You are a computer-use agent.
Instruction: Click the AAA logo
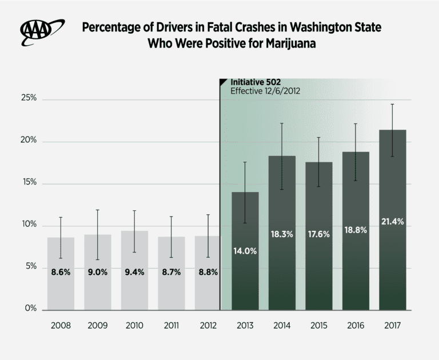click(x=42, y=33)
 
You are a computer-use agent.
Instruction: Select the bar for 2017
click(x=392, y=251)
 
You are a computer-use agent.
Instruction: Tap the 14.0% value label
click(x=245, y=250)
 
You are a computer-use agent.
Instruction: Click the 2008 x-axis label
click(x=61, y=326)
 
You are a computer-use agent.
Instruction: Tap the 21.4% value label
click(x=392, y=222)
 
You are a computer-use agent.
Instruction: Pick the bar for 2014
click(x=281, y=257)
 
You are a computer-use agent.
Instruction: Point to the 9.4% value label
click(x=134, y=272)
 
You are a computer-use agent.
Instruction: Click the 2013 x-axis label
click(x=245, y=326)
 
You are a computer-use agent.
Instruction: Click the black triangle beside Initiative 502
click(x=224, y=82)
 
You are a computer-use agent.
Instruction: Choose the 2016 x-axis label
click(x=356, y=326)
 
